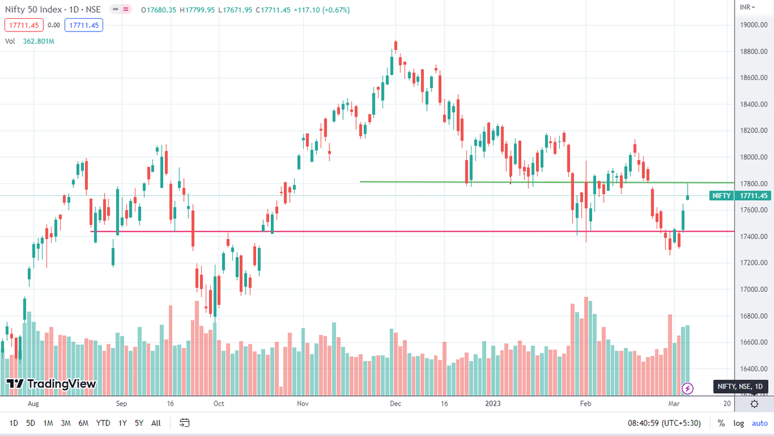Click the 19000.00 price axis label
pos(754,25)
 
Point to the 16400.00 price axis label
pos(754,369)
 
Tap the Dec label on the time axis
pos(395,403)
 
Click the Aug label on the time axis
pos(34,403)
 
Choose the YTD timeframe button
pos(103,423)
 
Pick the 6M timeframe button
pos(83,423)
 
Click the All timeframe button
pos(156,423)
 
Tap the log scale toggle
pos(739,423)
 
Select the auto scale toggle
pos(759,423)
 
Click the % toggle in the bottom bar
pos(721,423)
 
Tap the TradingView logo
pos(52,384)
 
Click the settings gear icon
pos(754,404)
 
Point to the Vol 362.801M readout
pos(30,41)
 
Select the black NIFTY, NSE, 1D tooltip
pos(739,386)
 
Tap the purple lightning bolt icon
pos(688,388)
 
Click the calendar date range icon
pos(184,423)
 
